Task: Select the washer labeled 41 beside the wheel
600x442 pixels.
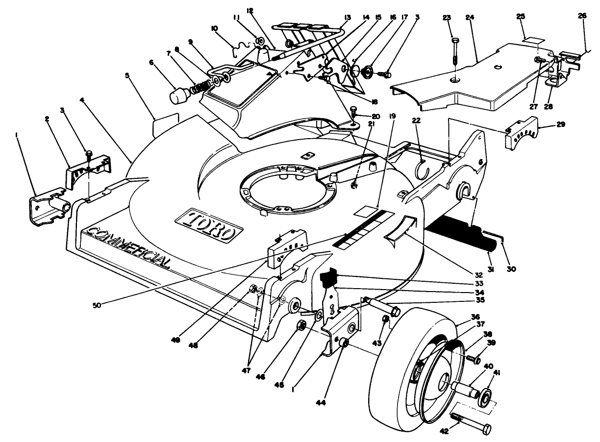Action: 486,396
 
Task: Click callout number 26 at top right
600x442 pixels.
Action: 582,15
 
